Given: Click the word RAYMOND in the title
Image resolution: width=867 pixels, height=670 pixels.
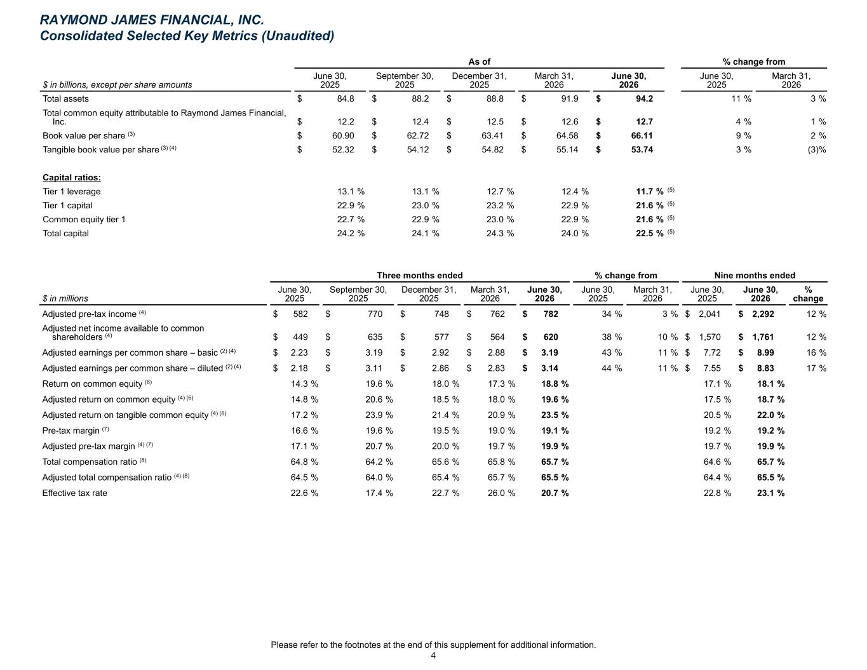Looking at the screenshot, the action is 75,20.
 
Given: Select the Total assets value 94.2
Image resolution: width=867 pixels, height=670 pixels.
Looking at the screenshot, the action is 644,98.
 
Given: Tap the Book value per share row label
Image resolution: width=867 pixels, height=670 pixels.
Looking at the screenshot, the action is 84,136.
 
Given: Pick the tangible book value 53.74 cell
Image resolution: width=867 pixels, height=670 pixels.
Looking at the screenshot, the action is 642,149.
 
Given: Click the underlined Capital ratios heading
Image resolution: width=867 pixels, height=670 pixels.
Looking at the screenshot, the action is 72,177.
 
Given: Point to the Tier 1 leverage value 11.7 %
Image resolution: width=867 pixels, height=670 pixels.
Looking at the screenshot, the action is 650,191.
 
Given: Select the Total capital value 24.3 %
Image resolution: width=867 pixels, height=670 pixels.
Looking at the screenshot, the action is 500,233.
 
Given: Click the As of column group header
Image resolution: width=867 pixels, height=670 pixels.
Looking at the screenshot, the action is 479,62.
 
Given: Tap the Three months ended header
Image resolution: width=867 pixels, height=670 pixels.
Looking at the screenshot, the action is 420,275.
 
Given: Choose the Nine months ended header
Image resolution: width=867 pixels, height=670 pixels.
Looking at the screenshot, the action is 755,275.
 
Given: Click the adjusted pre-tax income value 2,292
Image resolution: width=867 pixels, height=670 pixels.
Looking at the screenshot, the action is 763,314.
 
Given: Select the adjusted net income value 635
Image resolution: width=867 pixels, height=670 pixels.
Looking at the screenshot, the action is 375,337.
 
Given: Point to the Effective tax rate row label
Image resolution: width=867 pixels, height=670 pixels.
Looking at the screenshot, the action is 74,493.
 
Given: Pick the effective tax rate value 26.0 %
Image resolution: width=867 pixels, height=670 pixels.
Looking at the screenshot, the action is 501,493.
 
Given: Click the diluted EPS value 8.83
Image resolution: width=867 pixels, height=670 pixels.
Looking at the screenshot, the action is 765,368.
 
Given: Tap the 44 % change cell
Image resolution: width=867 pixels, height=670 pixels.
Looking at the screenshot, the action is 612,368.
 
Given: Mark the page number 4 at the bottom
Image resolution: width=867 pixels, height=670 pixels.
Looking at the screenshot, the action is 433,655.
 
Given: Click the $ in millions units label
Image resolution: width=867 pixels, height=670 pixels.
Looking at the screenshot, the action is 65,298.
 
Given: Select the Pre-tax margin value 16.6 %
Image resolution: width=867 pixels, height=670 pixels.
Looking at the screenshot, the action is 304,431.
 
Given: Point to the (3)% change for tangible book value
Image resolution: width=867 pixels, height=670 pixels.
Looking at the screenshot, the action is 816,149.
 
